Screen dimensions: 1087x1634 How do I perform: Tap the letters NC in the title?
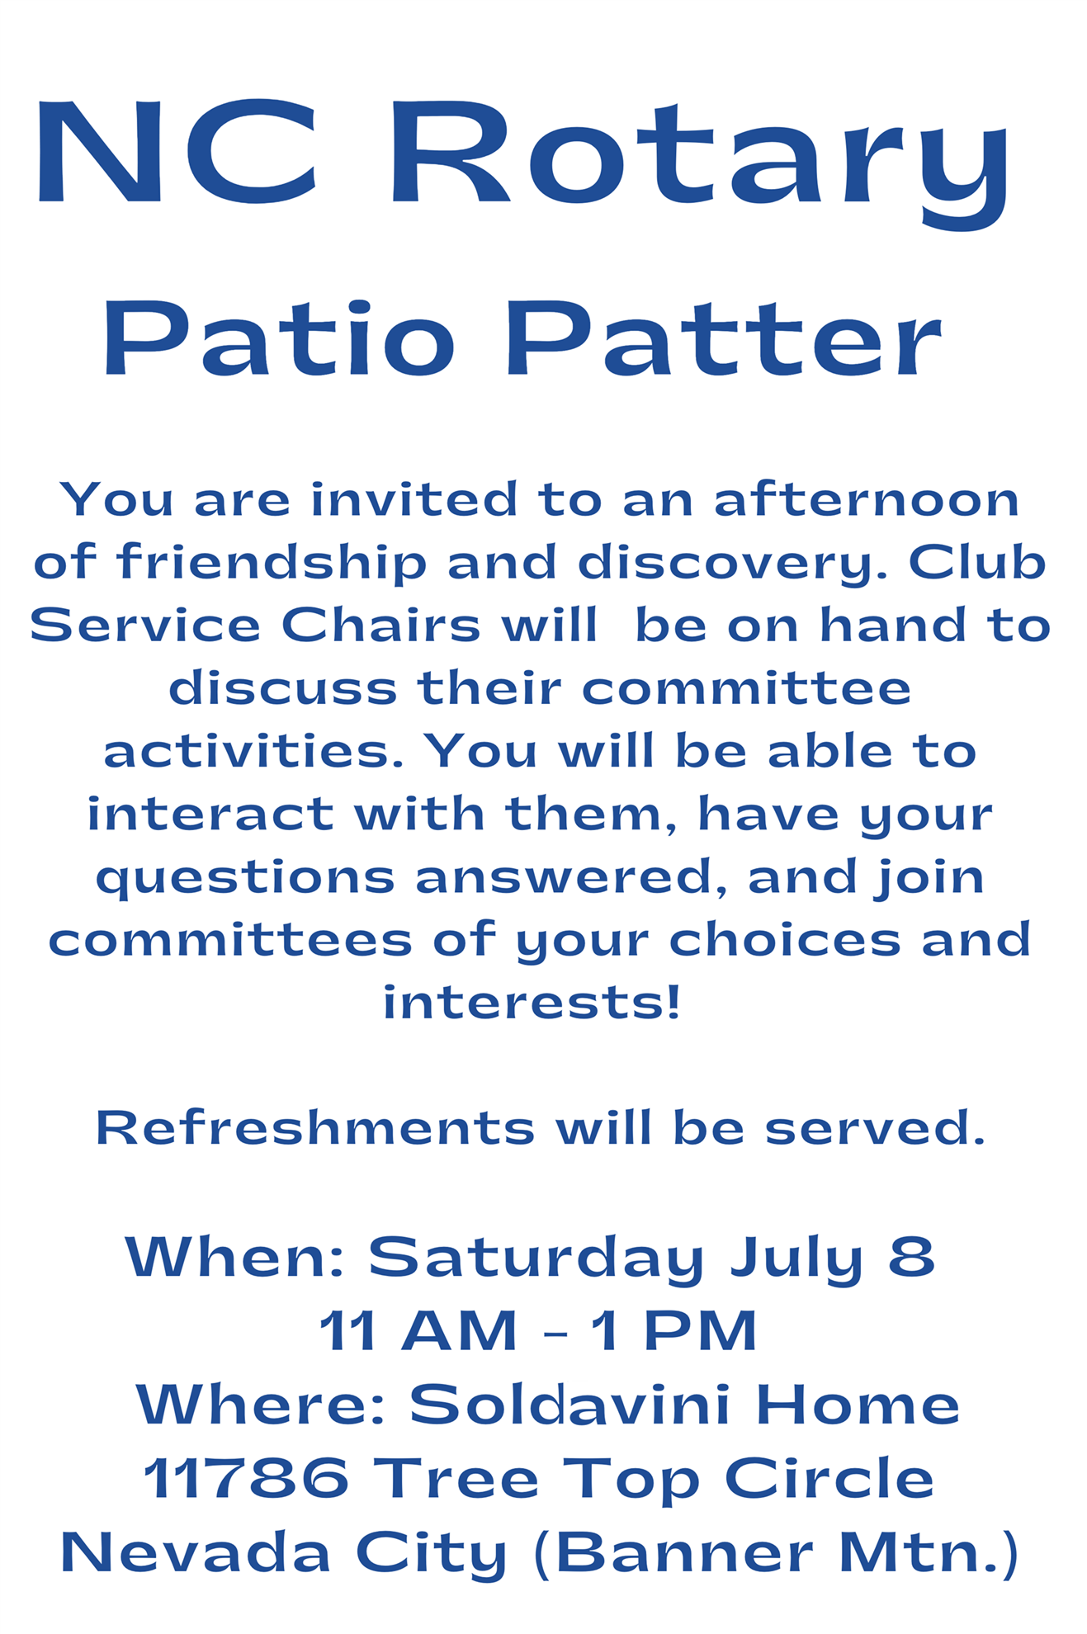pyautogui.click(x=176, y=152)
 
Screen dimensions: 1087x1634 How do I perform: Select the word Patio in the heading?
pyautogui.click(x=279, y=338)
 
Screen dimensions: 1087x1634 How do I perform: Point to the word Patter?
pyautogui.click(x=724, y=338)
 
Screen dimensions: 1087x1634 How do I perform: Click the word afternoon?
pyautogui.click(x=867, y=500)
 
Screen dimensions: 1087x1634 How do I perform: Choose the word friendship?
pyautogui.click(x=272, y=563)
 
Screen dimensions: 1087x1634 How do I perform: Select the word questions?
pyautogui.click(x=246, y=879)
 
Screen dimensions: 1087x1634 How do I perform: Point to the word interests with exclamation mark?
pyautogui.click(x=532, y=1003)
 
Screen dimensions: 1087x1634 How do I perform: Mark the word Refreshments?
pyautogui.click(x=316, y=1128)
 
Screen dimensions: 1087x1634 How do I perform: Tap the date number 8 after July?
pyautogui.click(x=912, y=1257)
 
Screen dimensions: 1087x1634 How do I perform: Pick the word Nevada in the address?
pyautogui.click(x=196, y=1552)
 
